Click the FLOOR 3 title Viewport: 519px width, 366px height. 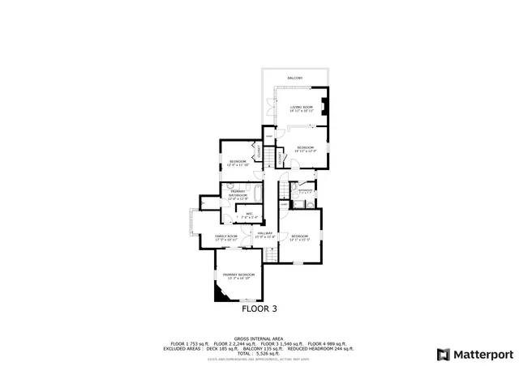tap(259, 309)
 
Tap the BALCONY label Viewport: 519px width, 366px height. tap(294, 78)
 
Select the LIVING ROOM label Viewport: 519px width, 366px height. tap(302, 107)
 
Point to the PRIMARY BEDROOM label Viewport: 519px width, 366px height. tap(238, 275)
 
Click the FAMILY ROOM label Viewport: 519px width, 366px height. tap(225, 236)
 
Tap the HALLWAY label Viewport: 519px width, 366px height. tap(265, 233)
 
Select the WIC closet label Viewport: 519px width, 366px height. tap(250, 215)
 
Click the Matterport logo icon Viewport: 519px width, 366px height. tap(442, 354)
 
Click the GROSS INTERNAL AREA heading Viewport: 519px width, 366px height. tap(259, 338)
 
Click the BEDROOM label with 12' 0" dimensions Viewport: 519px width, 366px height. tap(238, 162)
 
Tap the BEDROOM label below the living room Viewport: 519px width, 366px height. tap(305, 147)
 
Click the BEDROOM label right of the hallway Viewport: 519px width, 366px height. tap(299, 236)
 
